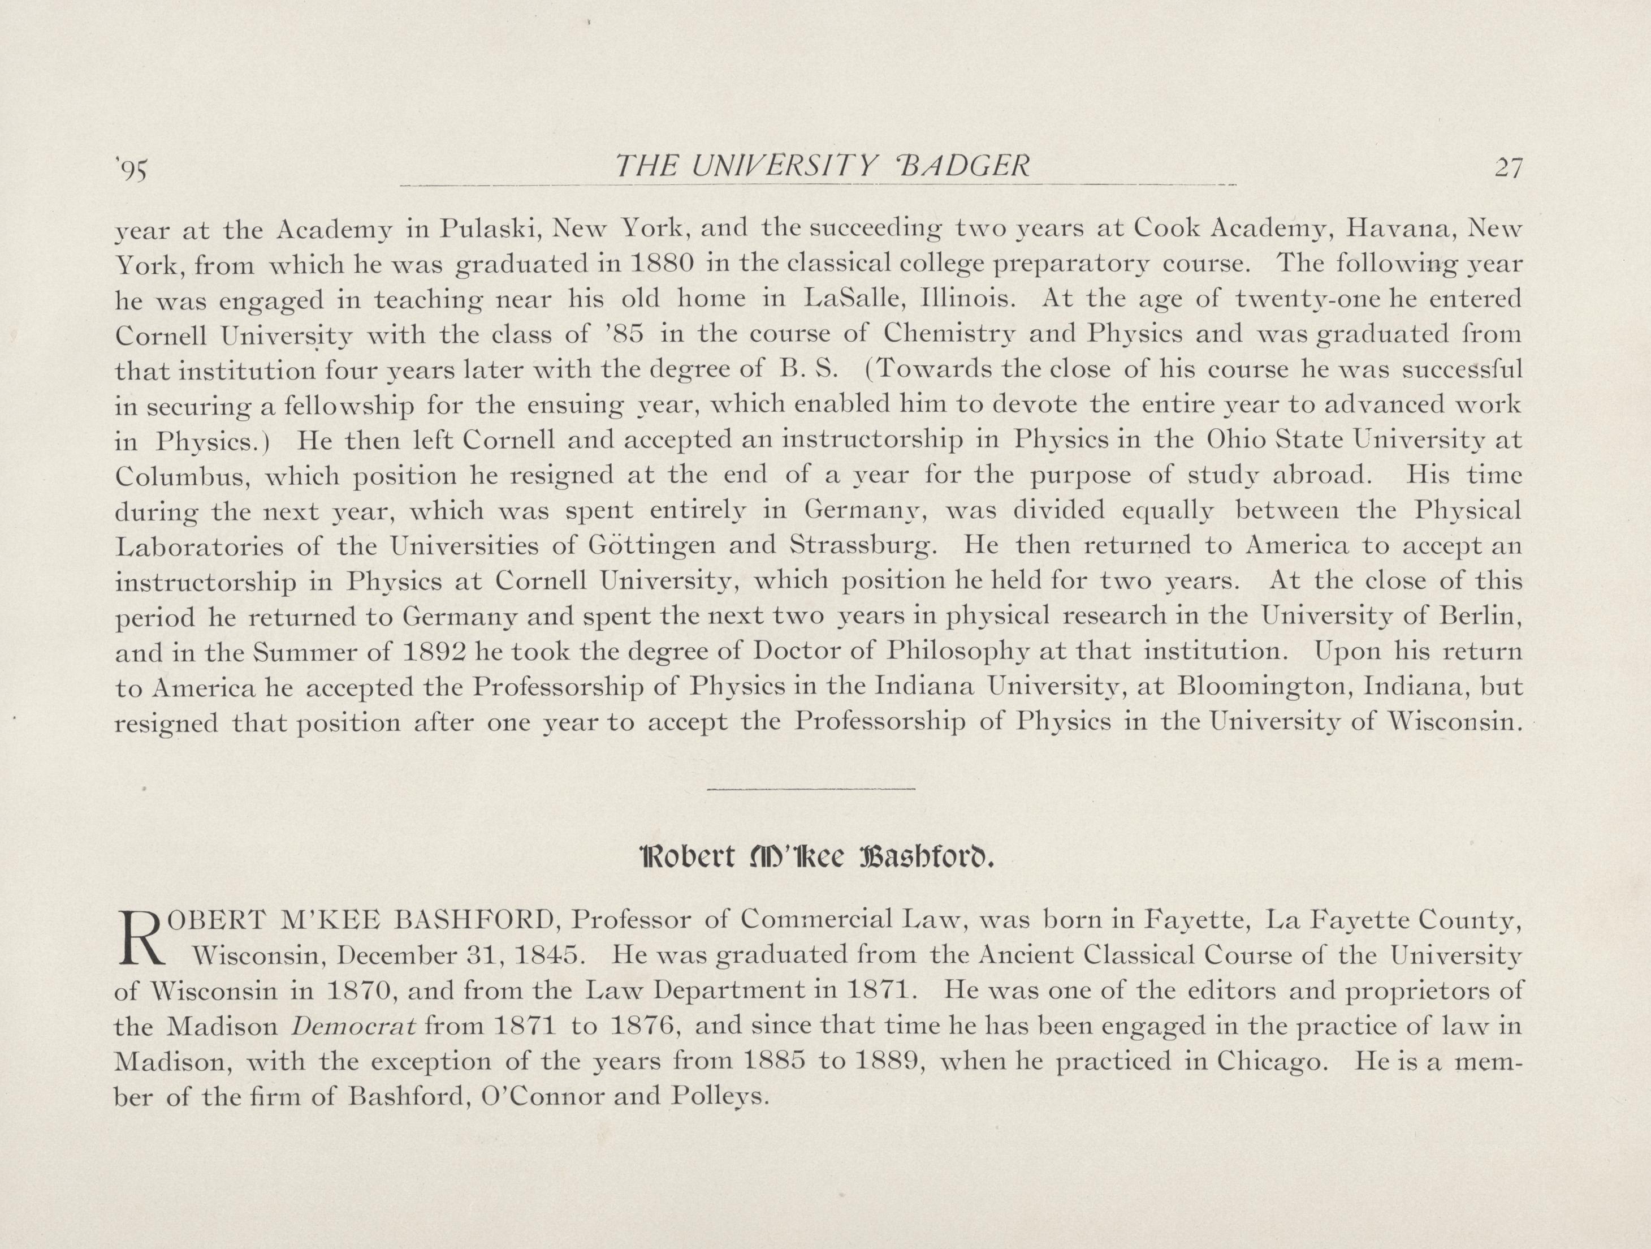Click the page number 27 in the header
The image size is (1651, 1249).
coord(1508,168)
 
